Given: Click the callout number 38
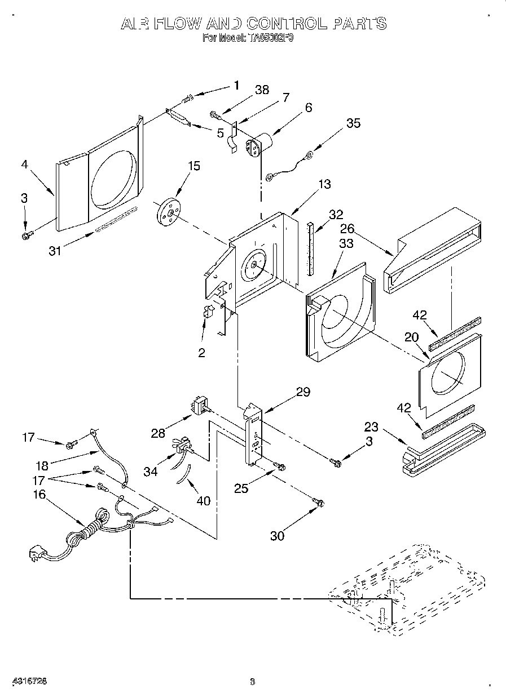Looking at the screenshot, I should click(x=262, y=90).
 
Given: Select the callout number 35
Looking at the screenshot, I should click(x=353, y=123).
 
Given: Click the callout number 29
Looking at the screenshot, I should click(x=303, y=392).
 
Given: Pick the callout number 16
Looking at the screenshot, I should click(x=39, y=494).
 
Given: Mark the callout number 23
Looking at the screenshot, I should click(x=371, y=426).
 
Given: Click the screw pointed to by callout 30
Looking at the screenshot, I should click(x=319, y=501).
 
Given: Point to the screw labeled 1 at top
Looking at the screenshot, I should click(x=188, y=100).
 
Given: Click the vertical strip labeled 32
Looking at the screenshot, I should click(x=310, y=249).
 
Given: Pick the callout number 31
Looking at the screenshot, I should click(x=54, y=251).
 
